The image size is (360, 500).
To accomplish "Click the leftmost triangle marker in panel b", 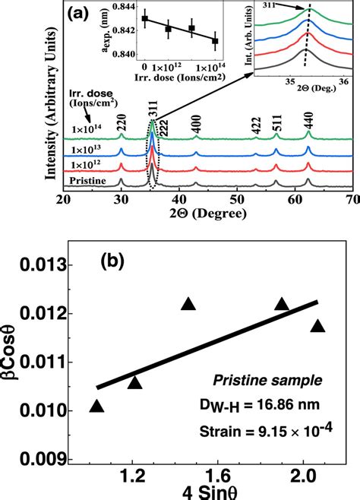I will [x=97, y=407].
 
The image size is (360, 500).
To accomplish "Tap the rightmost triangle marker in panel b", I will [x=317, y=326].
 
